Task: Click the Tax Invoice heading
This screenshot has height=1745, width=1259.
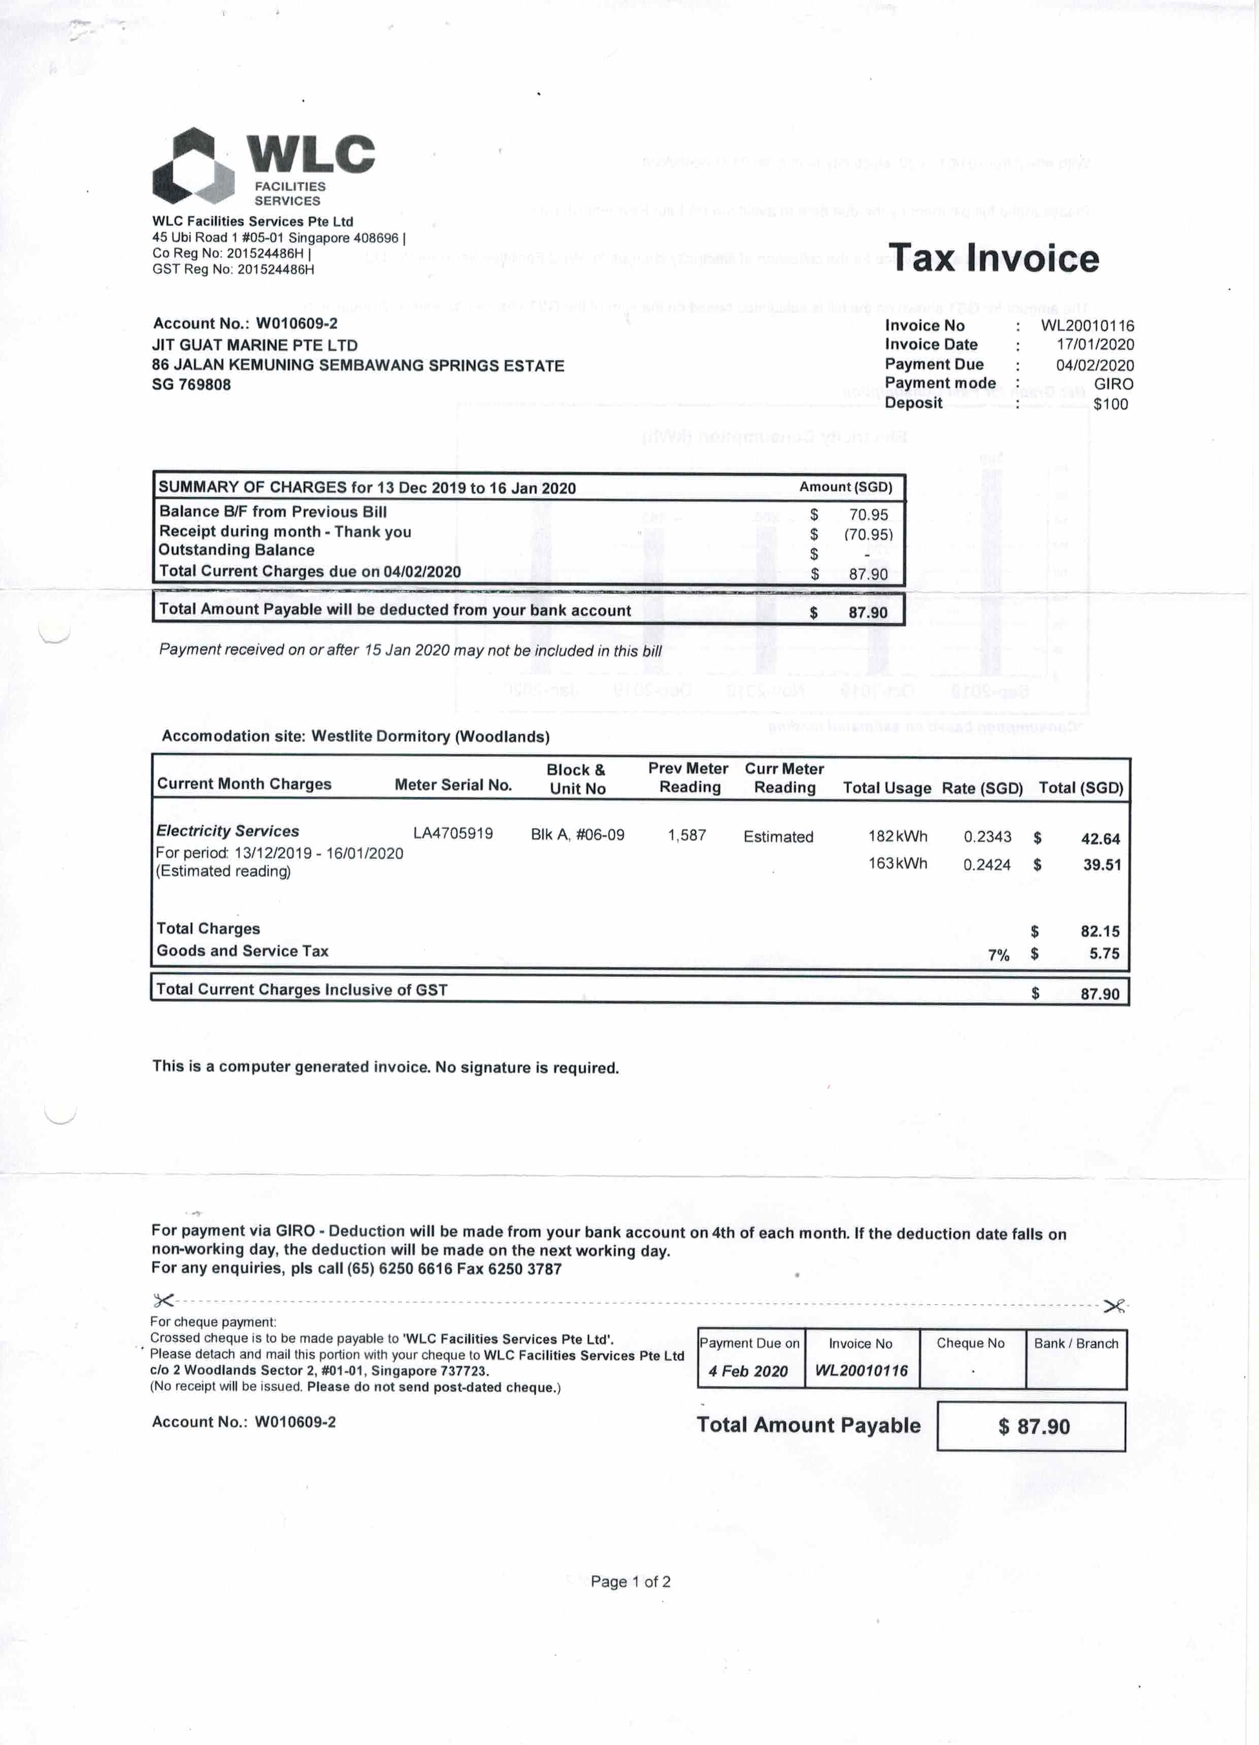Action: point(993,258)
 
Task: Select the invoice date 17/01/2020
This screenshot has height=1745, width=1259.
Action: point(1095,345)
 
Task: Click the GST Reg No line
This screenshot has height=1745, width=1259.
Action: point(233,269)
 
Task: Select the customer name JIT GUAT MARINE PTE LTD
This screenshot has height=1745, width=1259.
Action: point(254,345)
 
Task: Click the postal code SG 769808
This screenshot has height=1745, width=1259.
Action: point(191,384)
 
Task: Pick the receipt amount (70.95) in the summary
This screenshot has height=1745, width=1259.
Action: point(868,534)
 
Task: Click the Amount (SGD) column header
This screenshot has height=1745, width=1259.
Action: point(845,487)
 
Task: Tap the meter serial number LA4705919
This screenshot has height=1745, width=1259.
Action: point(453,833)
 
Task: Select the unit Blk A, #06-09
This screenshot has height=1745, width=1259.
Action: point(578,835)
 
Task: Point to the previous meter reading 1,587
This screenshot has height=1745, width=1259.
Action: point(687,835)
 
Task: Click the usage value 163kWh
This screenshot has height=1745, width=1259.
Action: point(898,863)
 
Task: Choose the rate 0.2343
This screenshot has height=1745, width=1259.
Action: point(987,836)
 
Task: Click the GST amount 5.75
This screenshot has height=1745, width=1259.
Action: point(1104,953)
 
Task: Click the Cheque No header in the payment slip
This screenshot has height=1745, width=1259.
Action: point(971,1343)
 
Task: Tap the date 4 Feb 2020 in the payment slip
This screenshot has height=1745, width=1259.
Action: point(748,1371)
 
